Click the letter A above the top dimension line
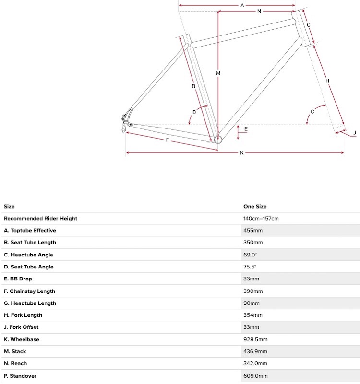[x=242, y=6]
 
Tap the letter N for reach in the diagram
[x=259, y=11]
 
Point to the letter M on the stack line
[x=218, y=73]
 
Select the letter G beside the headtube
[x=309, y=25]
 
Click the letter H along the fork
[x=327, y=81]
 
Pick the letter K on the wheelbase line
[x=242, y=153]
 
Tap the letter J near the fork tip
[x=354, y=133]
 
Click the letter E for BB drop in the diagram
[x=246, y=129]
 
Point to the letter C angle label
[x=312, y=112]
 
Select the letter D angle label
[x=194, y=112]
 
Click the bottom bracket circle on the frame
[x=218, y=140]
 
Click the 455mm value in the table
[x=253, y=231]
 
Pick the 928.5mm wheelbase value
[x=255, y=339]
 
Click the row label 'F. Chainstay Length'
[x=29, y=291]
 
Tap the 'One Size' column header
[x=255, y=207]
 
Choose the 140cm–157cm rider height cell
[x=261, y=219]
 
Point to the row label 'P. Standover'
[x=20, y=376]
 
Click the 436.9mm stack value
[x=255, y=351]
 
